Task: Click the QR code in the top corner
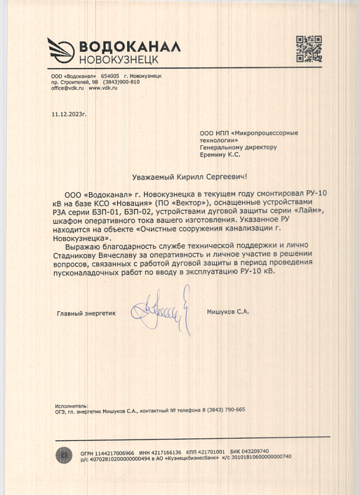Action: [309, 48]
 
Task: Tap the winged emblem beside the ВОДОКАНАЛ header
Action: [61, 50]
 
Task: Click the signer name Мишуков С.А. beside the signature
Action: [228, 311]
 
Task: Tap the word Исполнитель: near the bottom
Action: [70, 406]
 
